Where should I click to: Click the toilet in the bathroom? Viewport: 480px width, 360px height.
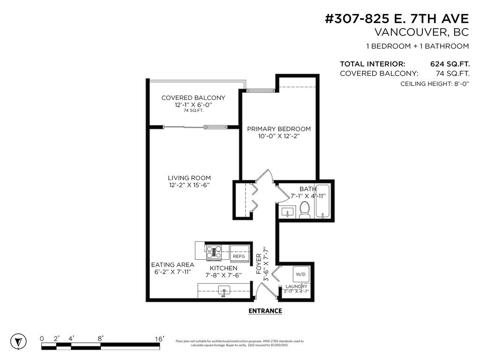(305, 210)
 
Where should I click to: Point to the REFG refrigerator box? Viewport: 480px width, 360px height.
(239, 256)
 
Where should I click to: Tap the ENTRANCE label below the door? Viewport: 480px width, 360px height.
(265, 311)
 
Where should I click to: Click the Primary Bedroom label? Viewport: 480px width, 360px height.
(279, 129)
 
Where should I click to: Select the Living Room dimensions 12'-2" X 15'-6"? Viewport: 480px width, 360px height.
(189, 185)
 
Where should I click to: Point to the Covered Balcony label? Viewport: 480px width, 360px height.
(193, 98)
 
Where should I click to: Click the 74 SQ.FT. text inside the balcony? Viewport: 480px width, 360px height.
(193, 111)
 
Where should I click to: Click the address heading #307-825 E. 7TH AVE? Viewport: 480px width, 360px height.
(397, 19)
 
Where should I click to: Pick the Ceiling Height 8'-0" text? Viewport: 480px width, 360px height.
(435, 83)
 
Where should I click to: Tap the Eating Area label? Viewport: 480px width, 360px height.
(172, 265)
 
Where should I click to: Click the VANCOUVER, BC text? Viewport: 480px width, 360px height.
(421, 32)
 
